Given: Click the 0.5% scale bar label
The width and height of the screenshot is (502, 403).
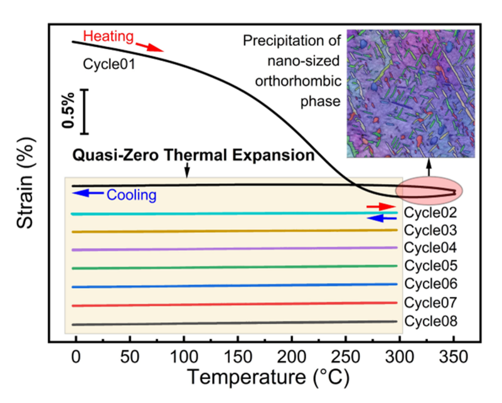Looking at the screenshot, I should pyautogui.click(x=69, y=111).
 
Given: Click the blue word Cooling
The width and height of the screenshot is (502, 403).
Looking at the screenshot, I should pyautogui.click(x=131, y=195).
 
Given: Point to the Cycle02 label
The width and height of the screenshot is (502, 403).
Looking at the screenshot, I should pyautogui.click(x=430, y=213).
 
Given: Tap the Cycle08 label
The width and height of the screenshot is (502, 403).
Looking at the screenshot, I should pyautogui.click(x=430, y=321).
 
